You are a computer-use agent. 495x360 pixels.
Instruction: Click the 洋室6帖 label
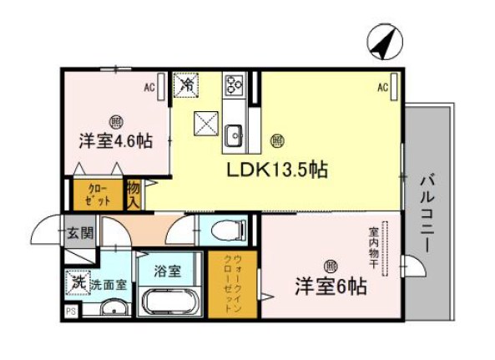coord(330,286)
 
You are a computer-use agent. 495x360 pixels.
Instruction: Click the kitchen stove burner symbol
coord(232,84)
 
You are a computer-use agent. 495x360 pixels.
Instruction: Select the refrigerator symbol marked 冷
coord(186,84)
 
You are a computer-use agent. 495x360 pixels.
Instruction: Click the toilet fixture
coord(225,230)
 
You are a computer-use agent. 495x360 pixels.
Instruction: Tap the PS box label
coord(69,312)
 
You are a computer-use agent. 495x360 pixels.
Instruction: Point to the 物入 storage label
coord(134,195)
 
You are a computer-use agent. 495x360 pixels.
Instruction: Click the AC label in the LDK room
coord(381,87)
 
